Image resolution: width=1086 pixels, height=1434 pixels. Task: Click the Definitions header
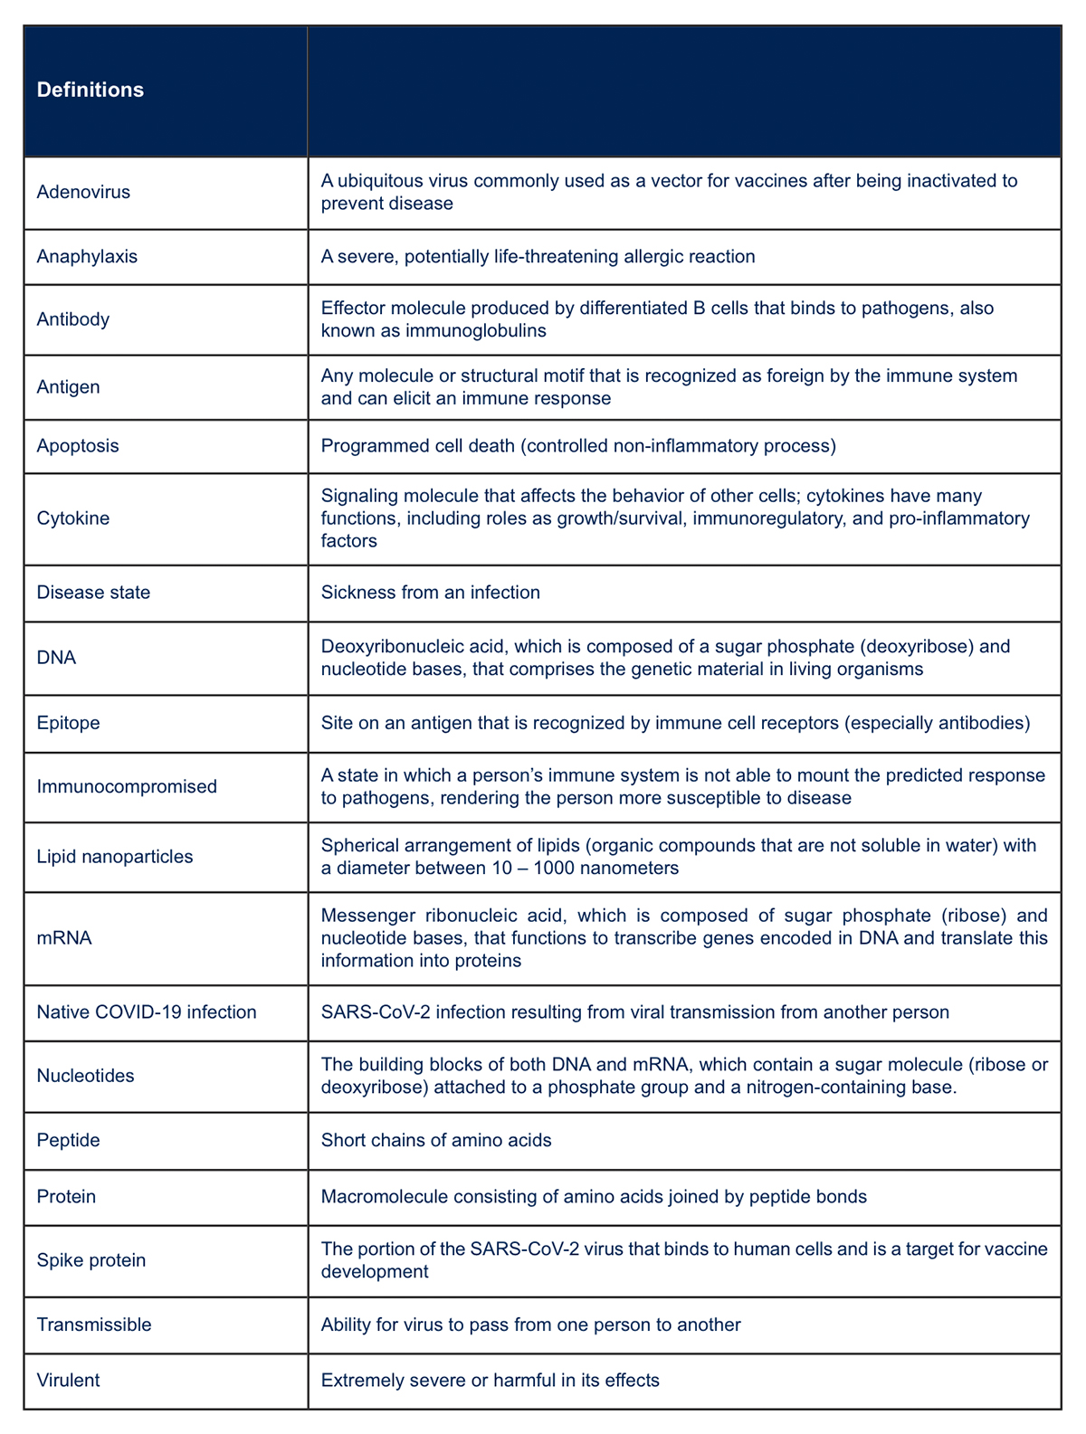(90, 90)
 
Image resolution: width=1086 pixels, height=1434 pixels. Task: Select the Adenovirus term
(83, 192)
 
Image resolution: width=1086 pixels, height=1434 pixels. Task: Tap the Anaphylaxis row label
(87, 257)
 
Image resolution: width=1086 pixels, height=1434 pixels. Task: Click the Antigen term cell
(68, 387)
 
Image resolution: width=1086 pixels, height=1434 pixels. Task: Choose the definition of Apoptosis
(578, 446)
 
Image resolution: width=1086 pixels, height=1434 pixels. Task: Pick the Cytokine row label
(72, 518)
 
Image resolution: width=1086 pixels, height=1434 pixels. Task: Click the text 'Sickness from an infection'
(430, 593)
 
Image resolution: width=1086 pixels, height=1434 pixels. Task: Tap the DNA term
(56, 658)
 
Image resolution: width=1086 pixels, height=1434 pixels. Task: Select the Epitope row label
(68, 723)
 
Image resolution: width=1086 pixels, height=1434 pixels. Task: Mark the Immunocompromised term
(127, 786)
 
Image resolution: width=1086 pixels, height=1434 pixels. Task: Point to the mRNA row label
(64, 938)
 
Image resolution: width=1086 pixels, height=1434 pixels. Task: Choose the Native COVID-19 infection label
(147, 1012)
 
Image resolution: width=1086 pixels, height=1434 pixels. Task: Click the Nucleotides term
(85, 1076)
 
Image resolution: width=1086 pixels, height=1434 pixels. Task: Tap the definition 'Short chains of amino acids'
(436, 1141)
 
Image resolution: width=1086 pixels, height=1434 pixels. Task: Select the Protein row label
(66, 1197)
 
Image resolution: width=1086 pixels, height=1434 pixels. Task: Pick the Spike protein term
(90, 1260)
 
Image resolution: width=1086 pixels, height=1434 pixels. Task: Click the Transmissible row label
(94, 1325)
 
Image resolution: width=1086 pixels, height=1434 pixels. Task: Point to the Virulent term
(68, 1381)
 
